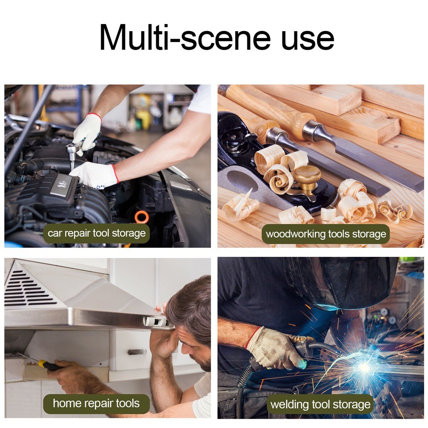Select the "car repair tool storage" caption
coord(96,233)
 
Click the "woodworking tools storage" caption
coord(326,234)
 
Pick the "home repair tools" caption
coord(96,404)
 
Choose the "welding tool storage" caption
coord(321,404)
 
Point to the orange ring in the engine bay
coord(141,217)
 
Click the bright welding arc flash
coord(364,367)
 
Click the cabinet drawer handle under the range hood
coord(137,352)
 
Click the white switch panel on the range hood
coord(156,322)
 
